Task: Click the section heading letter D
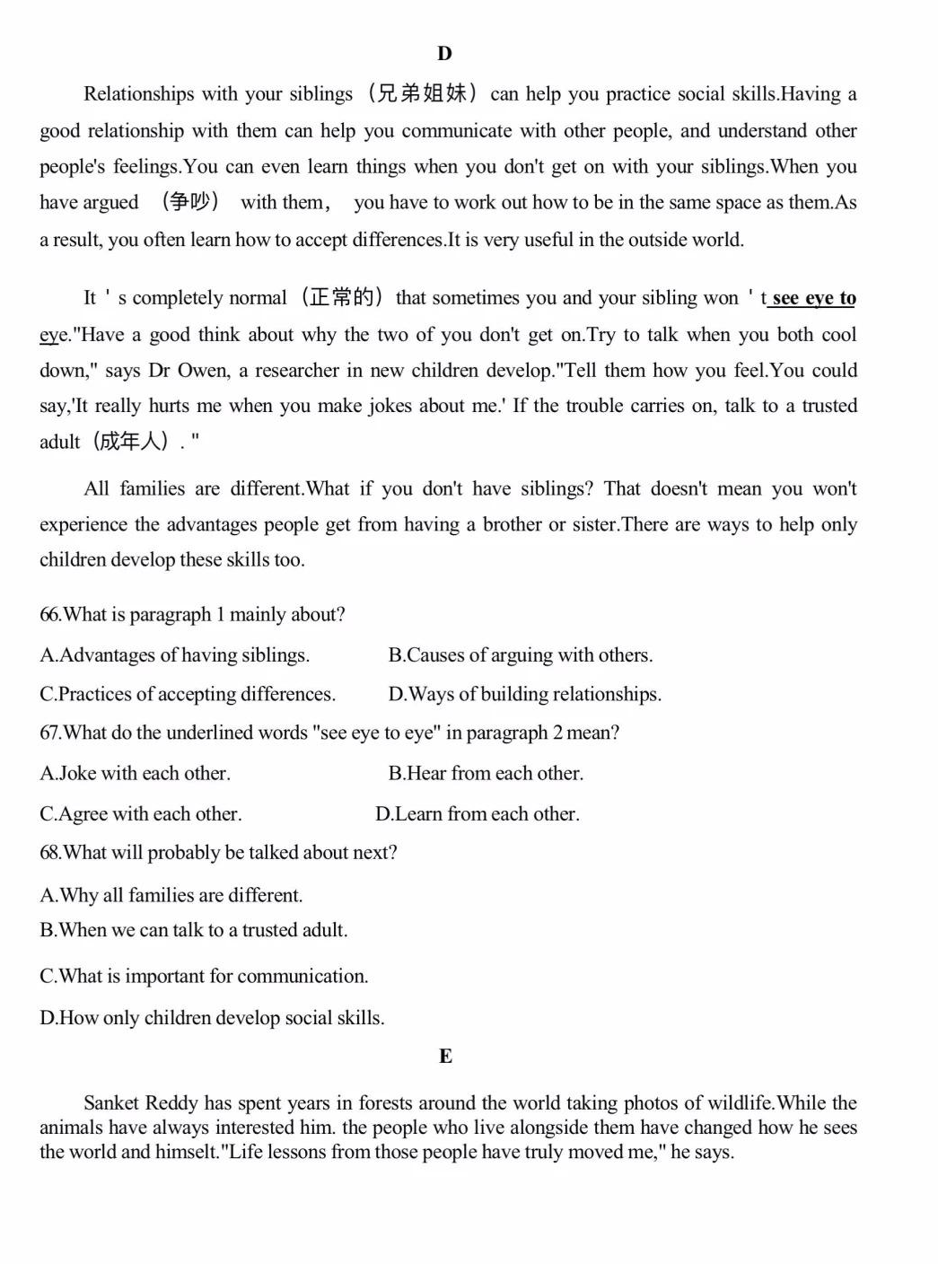(x=444, y=54)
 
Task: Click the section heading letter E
(x=445, y=1057)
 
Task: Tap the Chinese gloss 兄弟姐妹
(x=422, y=93)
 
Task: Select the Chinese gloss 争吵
(x=190, y=202)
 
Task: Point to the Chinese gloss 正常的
(x=341, y=297)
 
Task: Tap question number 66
(x=50, y=615)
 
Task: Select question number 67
(x=50, y=733)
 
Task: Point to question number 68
(x=50, y=853)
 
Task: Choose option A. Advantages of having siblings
(x=175, y=655)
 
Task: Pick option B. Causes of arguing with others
(x=521, y=655)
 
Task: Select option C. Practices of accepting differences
(x=188, y=694)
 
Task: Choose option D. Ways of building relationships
(x=525, y=694)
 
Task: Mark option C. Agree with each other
(x=141, y=814)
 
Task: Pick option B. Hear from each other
(x=486, y=774)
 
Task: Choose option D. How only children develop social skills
(x=212, y=1018)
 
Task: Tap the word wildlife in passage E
(x=741, y=1103)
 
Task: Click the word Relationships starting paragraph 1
(x=138, y=94)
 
